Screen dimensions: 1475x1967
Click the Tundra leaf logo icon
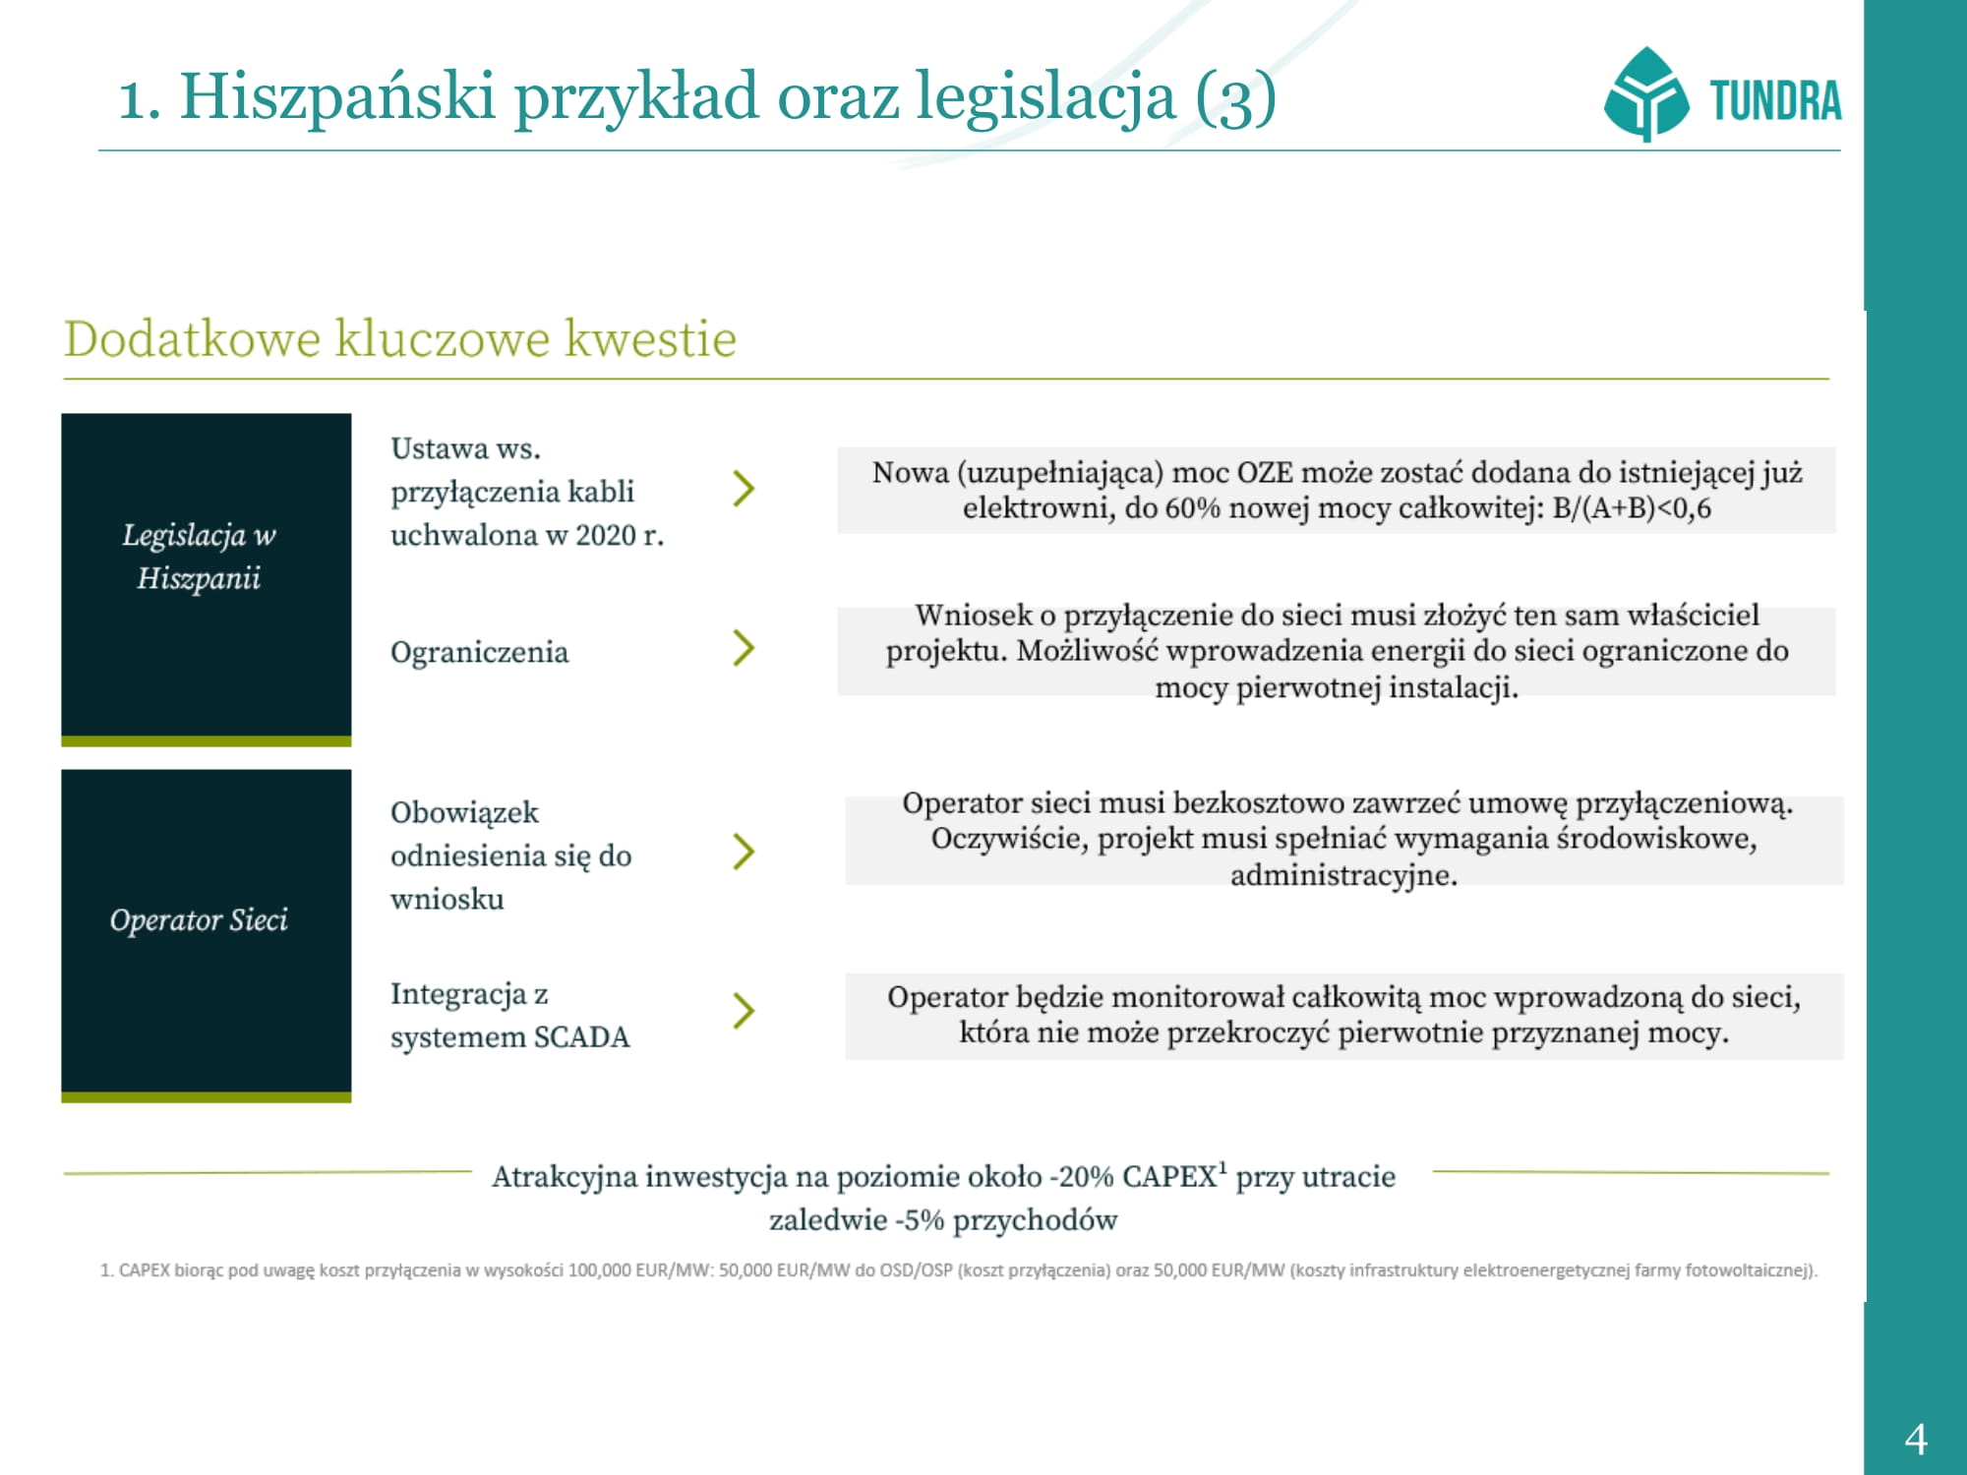click(1645, 94)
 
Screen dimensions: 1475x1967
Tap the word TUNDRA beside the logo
click(1775, 100)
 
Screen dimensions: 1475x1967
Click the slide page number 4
click(1916, 1440)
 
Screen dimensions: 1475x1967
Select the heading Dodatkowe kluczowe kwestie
click(400, 339)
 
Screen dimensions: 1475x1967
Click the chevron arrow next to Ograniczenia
click(744, 648)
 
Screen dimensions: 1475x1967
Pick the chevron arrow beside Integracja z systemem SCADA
click(744, 1011)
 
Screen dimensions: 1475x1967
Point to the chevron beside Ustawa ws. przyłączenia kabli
click(744, 489)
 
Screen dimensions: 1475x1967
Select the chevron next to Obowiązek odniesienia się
click(744, 852)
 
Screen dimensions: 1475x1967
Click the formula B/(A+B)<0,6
click(1632, 508)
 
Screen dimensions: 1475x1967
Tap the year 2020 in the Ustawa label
click(605, 536)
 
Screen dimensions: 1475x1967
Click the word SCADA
click(581, 1037)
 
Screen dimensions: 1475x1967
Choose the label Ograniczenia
click(479, 652)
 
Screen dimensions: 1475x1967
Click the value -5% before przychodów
click(920, 1220)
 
